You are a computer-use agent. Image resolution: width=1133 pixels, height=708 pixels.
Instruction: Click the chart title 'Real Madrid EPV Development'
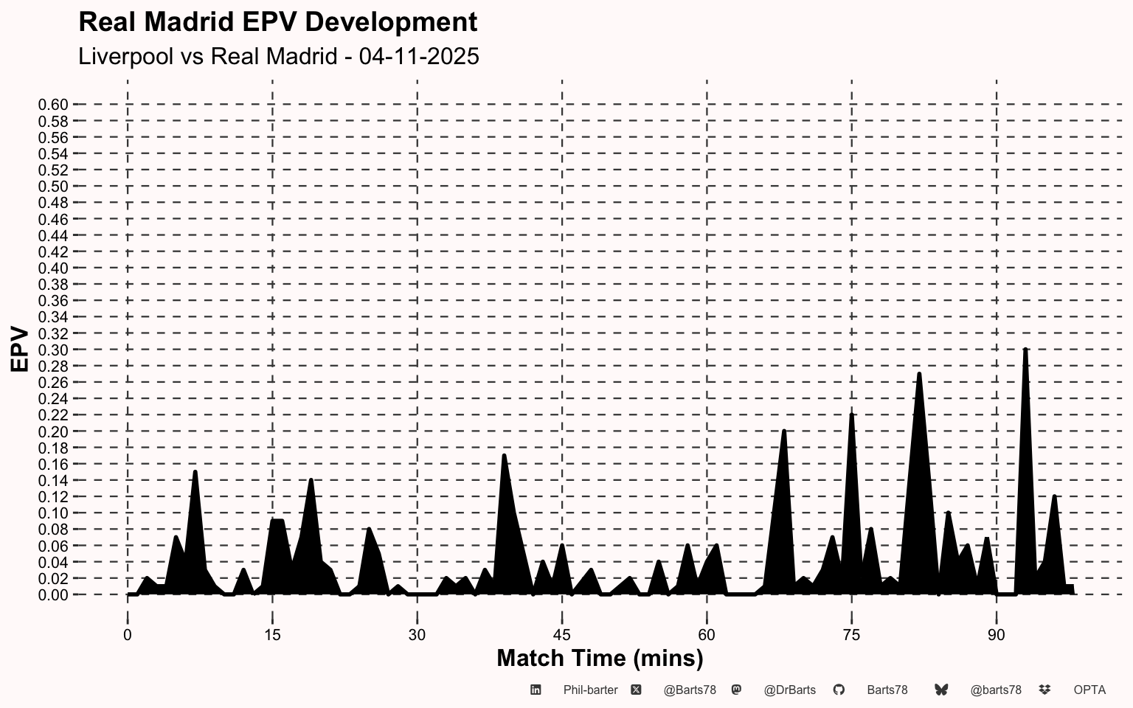coord(277,22)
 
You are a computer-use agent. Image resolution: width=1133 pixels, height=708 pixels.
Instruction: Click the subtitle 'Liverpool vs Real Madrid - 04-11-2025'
coord(279,56)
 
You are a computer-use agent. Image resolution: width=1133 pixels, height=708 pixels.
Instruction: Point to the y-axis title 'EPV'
coord(20,350)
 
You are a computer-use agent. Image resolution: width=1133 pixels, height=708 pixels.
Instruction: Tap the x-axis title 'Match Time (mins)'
coord(600,658)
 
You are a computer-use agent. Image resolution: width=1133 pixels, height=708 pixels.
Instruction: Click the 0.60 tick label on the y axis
coord(53,105)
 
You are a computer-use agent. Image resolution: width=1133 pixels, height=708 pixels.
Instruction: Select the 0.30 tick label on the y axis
coord(53,350)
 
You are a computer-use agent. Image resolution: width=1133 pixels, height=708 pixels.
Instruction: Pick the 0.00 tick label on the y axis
coord(53,594)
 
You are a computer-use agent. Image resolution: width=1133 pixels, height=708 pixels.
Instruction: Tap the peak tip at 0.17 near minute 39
coord(504,456)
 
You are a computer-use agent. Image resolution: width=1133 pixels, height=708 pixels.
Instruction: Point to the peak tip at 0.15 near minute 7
coord(195,472)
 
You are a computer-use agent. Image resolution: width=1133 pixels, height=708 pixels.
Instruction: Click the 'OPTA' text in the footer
coord(1089,690)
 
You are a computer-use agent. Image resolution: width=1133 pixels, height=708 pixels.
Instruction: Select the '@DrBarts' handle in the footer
coord(789,690)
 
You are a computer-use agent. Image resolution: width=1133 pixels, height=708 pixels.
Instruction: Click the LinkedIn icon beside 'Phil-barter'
coord(536,690)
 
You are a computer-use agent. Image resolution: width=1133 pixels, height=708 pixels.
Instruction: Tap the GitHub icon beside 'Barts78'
coord(839,690)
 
